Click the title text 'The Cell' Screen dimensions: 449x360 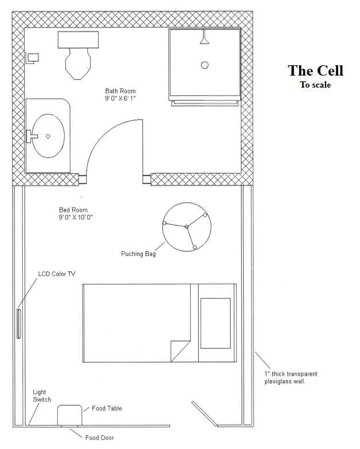pyautogui.click(x=315, y=70)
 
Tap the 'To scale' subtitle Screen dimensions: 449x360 pyautogui.click(x=315, y=85)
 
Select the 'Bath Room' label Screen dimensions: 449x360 pyautogui.click(x=120, y=90)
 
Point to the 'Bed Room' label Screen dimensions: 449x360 pyautogui.click(x=73, y=210)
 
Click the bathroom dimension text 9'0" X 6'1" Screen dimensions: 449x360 pyautogui.click(x=120, y=99)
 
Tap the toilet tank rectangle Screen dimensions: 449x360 pyautogui.click(x=79, y=40)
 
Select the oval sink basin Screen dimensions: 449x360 pyautogui.click(x=48, y=136)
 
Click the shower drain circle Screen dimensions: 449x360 pyautogui.click(x=204, y=65)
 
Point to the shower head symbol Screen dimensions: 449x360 pyautogui.click(x=204, y=38)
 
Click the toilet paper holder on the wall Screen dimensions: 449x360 pyautogui.click(x=33, y=57)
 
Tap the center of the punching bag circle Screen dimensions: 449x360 pyautogui.click(x=186, y=227)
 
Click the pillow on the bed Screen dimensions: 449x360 pyautogui.click(x=215, y=322)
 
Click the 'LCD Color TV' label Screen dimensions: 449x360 pyautogui.click(x=57, y=274)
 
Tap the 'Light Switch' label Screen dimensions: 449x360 pyautogui.click(x=42, y=395)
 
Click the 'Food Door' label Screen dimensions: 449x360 pyautogui.click(x=99, y=438)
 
